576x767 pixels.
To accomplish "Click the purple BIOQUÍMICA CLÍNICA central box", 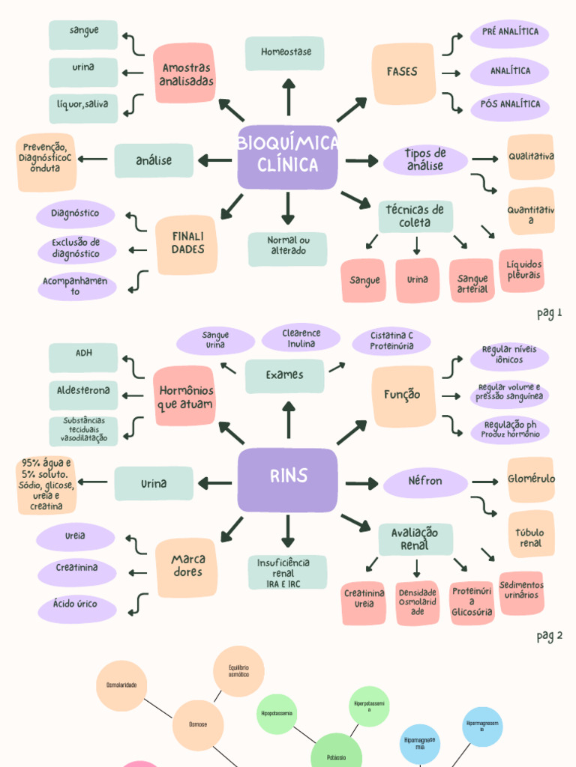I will (x=288, y=157).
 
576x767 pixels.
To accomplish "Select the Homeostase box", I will (x=285, y=53).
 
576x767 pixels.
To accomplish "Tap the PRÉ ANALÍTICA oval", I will (x=509, y=34).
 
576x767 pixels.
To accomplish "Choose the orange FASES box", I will (x=403, y=73).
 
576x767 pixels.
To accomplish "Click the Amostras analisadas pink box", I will (x=184, y=73).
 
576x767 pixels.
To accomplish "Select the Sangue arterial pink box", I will (x=472, y=281).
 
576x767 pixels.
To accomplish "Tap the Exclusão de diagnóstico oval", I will (x=76, y=249).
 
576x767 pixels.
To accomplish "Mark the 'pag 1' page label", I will (x=549, y=313).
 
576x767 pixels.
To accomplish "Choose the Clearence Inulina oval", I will (x=301, y=339).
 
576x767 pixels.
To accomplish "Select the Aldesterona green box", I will (x=83, y=391).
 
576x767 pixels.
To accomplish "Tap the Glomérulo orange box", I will (x=531, y=479).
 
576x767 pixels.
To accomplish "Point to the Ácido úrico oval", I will (x=76, y=604).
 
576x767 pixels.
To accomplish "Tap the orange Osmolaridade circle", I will (x=121, y=685).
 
